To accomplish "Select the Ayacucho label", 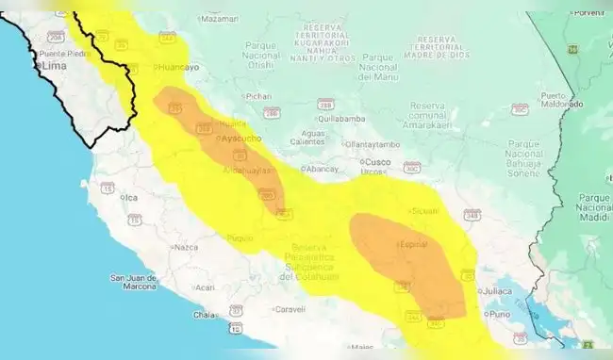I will pos(240,139).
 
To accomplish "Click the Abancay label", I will pos(322,169).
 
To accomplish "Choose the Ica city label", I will pos(131,197).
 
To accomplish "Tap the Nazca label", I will pos(185,247).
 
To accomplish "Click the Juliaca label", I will pos(499,291).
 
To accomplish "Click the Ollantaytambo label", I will pos(373,144).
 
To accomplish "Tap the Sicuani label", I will pos(424,210).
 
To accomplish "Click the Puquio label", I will pos(240,237).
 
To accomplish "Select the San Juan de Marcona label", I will pos(132,282).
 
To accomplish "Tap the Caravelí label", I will pos(290,308).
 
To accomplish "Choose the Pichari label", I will pos(258,96).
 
